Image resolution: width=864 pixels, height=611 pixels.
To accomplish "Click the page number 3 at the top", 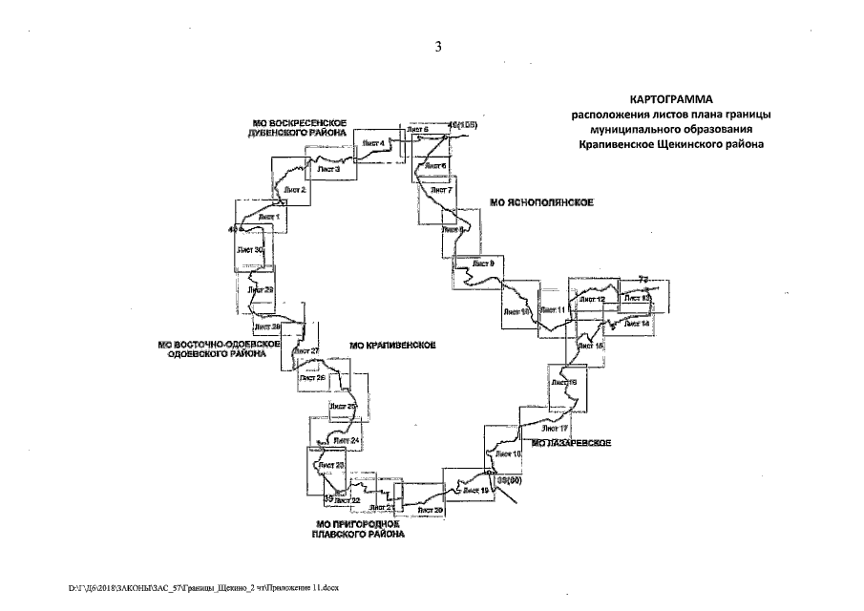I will [436, 48].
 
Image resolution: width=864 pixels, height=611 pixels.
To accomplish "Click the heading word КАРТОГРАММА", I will [672, 99].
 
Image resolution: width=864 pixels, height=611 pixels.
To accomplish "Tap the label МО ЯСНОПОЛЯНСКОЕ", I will [541, 203].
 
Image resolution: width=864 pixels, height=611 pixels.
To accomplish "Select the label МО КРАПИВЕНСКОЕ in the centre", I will [393, 345].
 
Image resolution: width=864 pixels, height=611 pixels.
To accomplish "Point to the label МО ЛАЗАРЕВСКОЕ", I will [571, 444].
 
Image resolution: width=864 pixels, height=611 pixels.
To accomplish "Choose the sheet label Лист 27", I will [306, 351].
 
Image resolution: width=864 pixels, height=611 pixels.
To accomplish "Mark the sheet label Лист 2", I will [295, 190].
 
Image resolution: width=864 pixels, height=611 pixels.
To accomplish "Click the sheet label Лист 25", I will [343, 407].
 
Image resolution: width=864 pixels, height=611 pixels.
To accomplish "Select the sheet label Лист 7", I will [442, 190].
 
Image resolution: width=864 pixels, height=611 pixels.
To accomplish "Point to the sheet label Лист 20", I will [432, 512].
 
